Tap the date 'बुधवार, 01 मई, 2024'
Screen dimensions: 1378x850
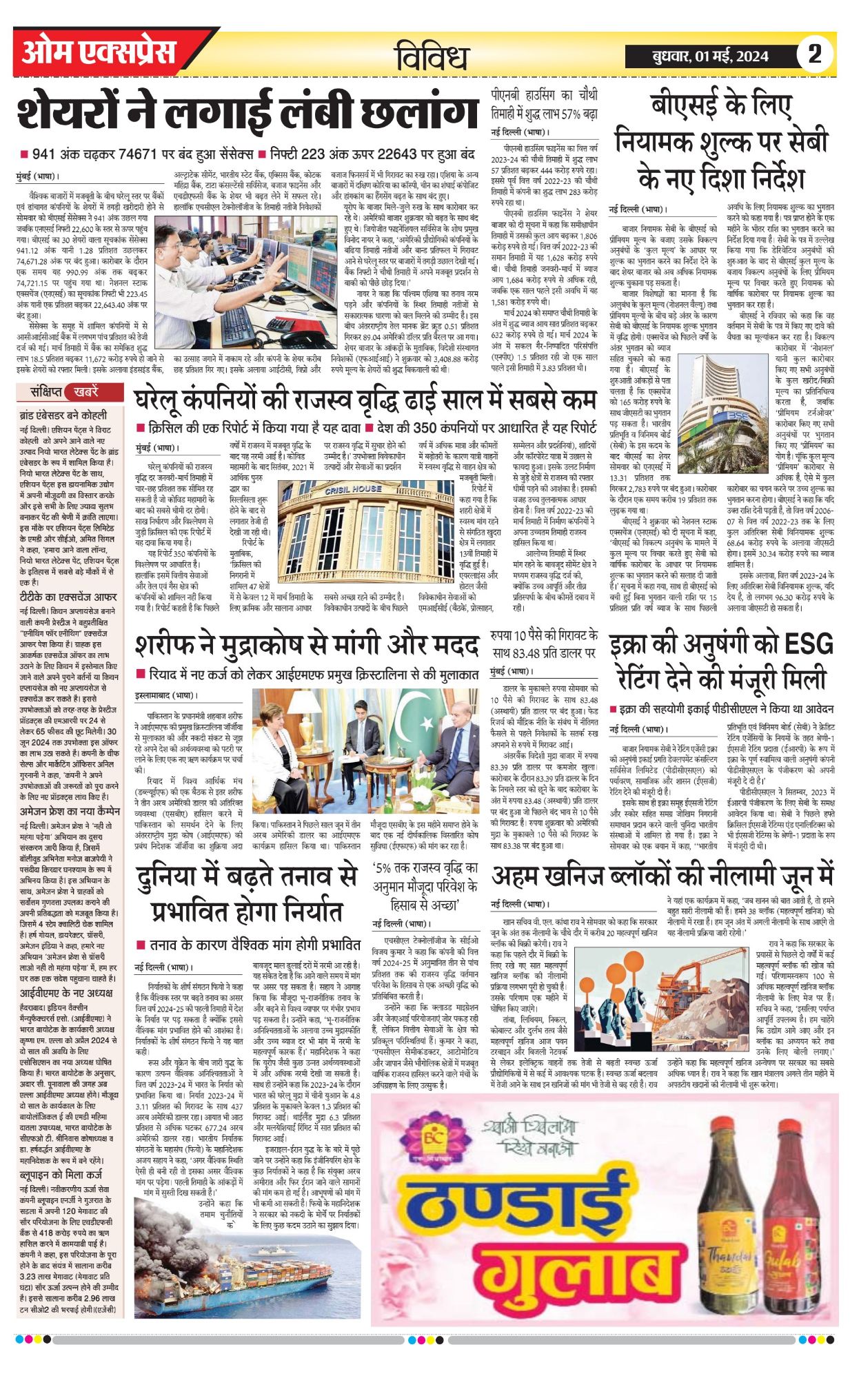click(x=710, y=56)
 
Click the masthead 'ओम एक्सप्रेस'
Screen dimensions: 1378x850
click(x=99, y=52)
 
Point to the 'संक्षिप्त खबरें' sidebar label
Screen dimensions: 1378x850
click(x=68, y=392)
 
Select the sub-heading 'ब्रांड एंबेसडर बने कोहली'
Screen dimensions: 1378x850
click(x=63, y=415)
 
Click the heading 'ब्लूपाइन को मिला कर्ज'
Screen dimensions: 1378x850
click(x=61, y=1175)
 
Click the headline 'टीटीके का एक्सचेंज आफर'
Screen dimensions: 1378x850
click(x=68, y=596)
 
